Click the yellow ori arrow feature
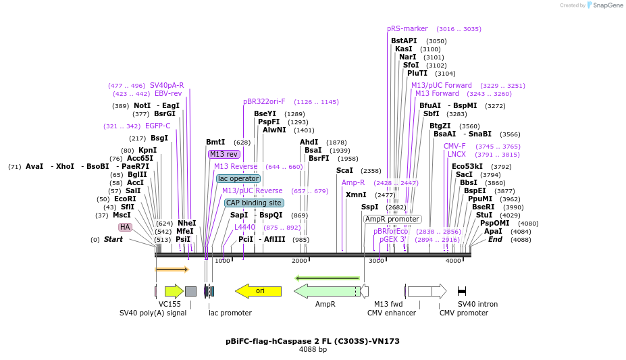(259, 291)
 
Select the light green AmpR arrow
(328, 291)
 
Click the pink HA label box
(125, 228)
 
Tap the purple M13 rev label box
(224, 154)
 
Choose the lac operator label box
(238, 178)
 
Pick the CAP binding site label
(254, 203)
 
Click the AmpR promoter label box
(392, 219)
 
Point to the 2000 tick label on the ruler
(299, 261)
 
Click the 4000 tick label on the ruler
(453, 261)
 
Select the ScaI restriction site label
(344, 171)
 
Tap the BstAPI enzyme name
(404, 41)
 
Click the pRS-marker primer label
(407, 28)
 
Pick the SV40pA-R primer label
(167, 85)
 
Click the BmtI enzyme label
(215, 142)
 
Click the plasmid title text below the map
(313, 341)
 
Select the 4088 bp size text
(313, 350)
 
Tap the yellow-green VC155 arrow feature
(174, 291)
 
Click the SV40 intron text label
(477, 304)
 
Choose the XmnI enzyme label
(356, 195)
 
